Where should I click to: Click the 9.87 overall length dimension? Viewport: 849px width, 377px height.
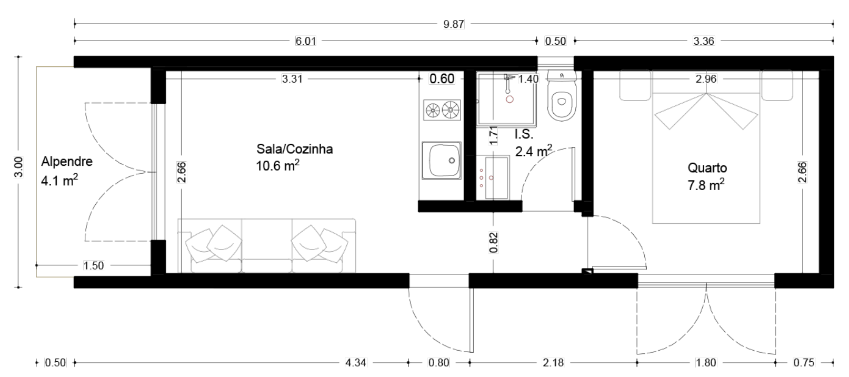click(454, 24)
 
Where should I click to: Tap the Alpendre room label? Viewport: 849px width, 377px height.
click(67, 162)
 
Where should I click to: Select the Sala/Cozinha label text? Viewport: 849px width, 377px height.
click(295, 148)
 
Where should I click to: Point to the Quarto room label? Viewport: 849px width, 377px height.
click(707, 167)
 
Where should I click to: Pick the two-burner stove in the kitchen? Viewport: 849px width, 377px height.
click(442, 110)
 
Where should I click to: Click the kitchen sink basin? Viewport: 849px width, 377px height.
click(442, 161)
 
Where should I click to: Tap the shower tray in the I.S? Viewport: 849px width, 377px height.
click(507, 100)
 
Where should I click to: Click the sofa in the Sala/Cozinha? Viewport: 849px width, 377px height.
click(267, 245)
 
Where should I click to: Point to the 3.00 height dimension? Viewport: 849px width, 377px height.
click(18, 167)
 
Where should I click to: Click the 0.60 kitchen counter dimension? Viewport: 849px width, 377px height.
click(442, 78)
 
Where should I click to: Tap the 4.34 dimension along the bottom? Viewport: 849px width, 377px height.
click(355, 363)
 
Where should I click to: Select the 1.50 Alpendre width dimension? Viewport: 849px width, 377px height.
click(93, 265)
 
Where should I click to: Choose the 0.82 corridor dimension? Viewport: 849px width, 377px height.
click(493, 242)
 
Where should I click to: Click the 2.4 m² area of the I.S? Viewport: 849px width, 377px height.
click(533, 151)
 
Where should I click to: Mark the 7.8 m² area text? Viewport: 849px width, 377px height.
click(706, 185)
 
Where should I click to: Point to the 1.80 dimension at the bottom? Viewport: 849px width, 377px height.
click(706, 363)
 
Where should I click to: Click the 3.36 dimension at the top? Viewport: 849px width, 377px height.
click(703, 41)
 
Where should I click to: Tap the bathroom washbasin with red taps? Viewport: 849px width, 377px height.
click(493, 177)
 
